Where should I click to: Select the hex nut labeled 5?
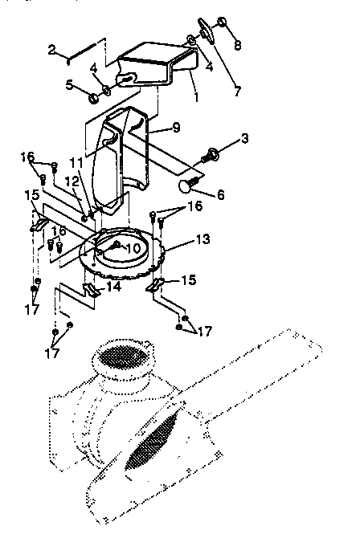[93, 98]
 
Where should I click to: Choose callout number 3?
[245, 138]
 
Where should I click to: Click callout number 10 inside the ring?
[133, 248]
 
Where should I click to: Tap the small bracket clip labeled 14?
[90, 287]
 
